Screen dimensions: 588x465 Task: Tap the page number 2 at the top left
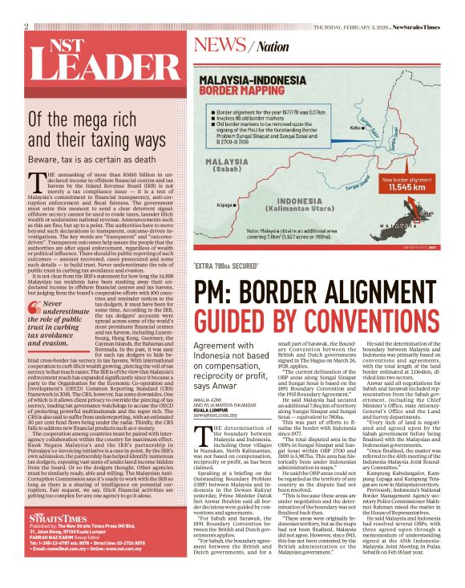pyautogui.click(x=26, y=26)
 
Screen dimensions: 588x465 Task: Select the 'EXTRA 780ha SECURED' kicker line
pyautogui.click(x=226, y=266)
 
